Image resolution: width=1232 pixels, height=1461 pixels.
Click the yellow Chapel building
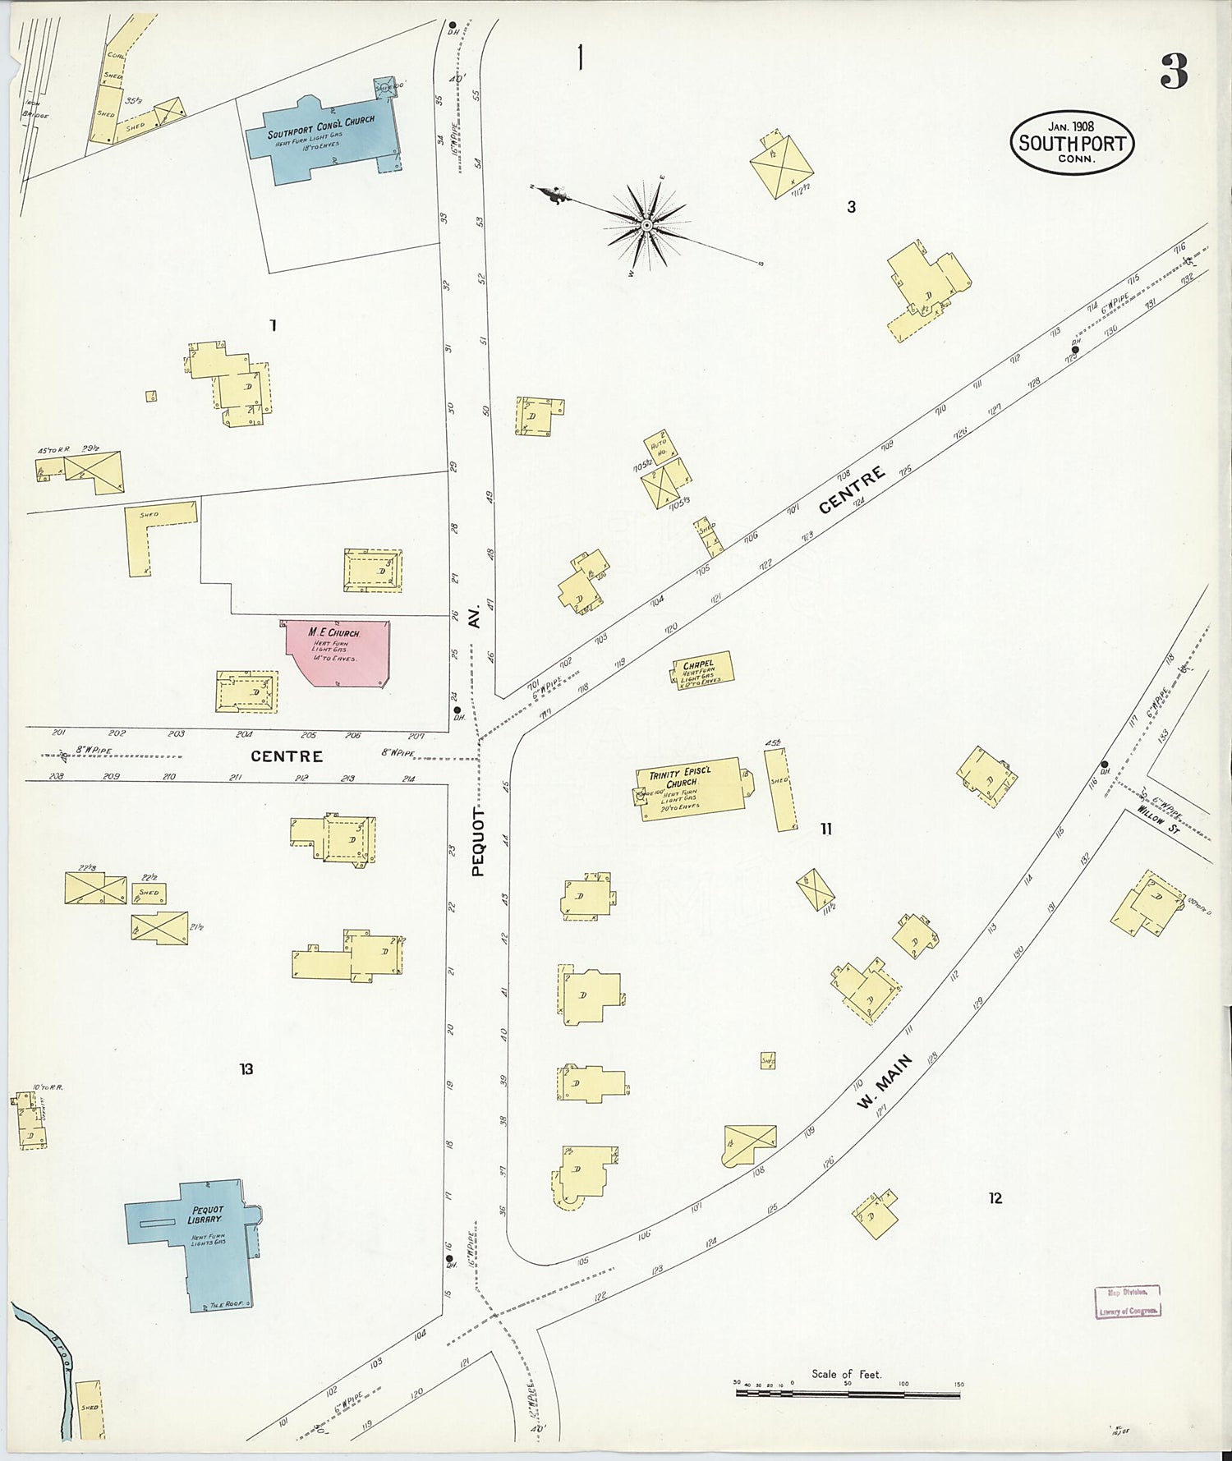pyautogui.click(x=700, y=671)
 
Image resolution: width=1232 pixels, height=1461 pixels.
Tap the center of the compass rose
pyautogui.click(x=647, y=224)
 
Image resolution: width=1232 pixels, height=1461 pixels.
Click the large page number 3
pyautogui.click(x=1174, y=71)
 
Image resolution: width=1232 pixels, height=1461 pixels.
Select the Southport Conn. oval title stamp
pyautogui.click(x=1072, y=143)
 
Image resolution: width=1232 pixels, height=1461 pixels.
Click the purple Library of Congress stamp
pyautogui.click(x=1128, y=1302)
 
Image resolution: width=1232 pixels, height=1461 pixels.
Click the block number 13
pyautogui.click(x=246, y=1068)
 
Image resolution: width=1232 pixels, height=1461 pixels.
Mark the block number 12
pyautogui.click(x=995, y=1198)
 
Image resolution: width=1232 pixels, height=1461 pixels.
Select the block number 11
pyautogui.click(x=825, y=829)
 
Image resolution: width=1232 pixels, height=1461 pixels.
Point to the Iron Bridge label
pyautogui.click(x=33, y=109)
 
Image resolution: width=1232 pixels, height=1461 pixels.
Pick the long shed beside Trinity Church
pyautogui.click(x=779, y=788)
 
